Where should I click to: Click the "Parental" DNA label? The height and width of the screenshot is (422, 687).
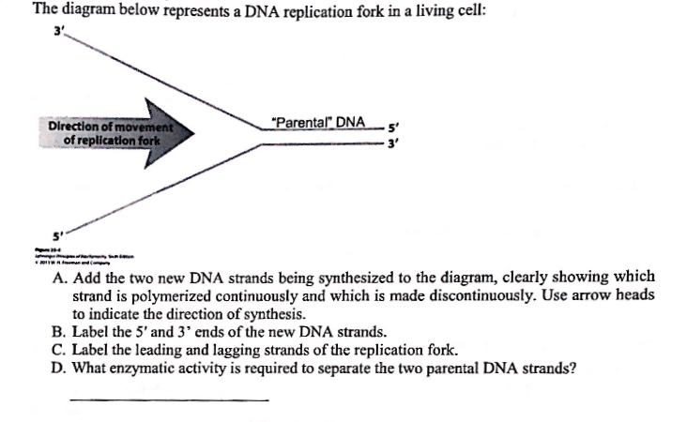[316, 123]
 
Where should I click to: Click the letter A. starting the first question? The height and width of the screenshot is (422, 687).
[58, 279]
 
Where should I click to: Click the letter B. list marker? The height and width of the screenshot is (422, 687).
[58, 332]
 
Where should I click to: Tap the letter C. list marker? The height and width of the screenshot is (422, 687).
[58, 350]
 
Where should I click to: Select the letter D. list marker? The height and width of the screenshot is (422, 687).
[58, 367]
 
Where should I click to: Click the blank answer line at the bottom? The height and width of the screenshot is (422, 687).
[169, 400]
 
